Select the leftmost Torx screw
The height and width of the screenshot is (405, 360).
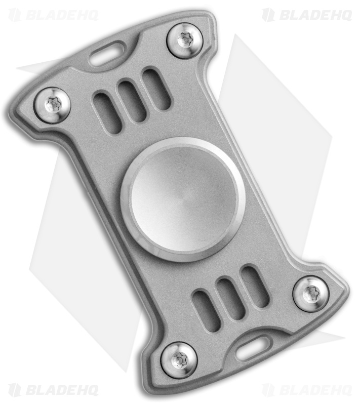52,105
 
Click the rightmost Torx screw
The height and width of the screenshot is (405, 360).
310,293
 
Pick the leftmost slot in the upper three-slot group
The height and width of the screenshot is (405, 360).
107,112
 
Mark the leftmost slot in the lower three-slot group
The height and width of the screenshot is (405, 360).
207,310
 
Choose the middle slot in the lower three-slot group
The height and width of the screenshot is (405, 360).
231,299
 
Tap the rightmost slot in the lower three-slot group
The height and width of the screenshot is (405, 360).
255,287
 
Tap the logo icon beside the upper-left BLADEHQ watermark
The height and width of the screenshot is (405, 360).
15,15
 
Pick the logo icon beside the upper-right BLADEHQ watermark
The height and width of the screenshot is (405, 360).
268,15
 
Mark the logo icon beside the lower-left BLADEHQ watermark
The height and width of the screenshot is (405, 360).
15,390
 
